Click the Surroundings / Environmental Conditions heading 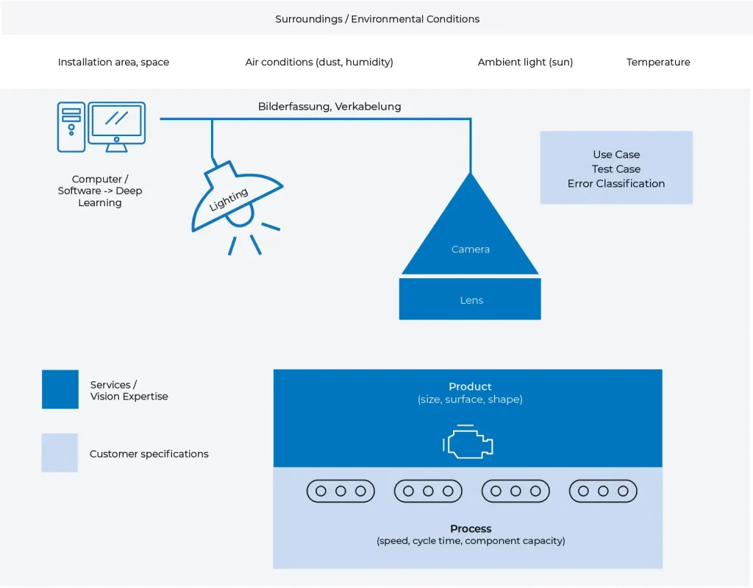[377, 19]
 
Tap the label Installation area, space [113, 63]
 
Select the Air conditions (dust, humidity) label [319, 63]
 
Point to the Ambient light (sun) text [525, 63]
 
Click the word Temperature [658, 63]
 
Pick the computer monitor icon [116, 125]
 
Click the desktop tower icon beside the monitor [71, 127]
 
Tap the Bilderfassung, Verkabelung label [329, 107]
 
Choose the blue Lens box [470, 299]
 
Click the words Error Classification [616, 184]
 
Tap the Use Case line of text [616, 155]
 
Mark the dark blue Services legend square [60, 389]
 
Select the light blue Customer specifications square [60, 453]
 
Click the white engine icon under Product [468, 442]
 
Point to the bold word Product [470, 387]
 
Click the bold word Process [471, 529]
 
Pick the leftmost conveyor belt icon [340, 491]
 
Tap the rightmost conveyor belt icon [603, 491]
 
